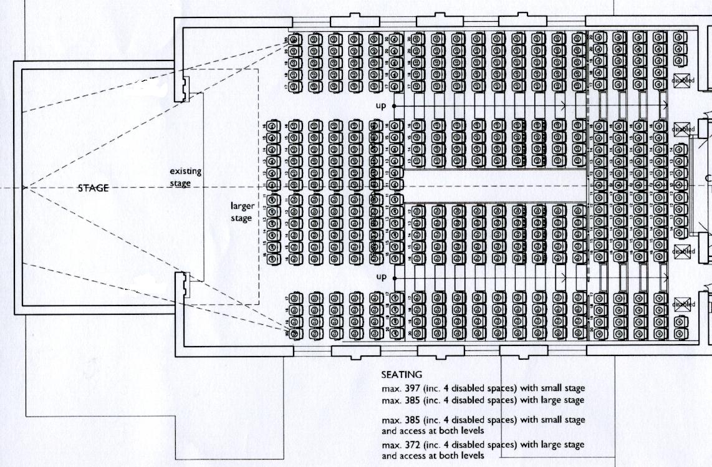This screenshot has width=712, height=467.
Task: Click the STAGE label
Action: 93,188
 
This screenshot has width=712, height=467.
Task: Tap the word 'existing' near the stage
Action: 185,171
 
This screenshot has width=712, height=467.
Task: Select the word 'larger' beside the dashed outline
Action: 241,206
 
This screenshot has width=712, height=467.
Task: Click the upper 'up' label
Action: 381,106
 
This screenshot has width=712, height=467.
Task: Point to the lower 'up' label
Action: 381,276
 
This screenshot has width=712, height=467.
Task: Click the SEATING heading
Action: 402,375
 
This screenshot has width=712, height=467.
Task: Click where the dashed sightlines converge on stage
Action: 25,187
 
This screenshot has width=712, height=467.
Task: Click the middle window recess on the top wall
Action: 440,21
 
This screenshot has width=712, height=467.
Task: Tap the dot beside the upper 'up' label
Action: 394,106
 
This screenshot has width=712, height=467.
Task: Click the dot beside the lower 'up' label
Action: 394,276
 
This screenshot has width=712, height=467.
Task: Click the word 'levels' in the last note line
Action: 471,456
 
